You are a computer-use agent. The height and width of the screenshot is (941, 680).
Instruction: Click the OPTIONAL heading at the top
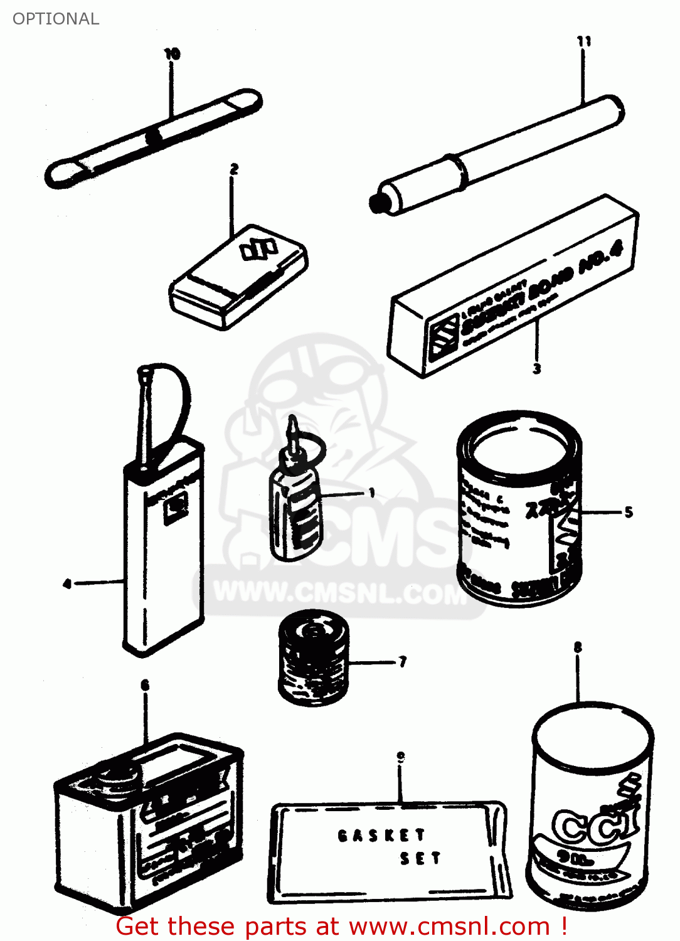pos(56,19)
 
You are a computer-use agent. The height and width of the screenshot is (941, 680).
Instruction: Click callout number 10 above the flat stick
pos(172,54)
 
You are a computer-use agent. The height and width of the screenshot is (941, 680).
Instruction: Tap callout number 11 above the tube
pos(583,41)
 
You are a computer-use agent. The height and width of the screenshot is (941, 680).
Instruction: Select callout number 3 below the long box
pos(536,368)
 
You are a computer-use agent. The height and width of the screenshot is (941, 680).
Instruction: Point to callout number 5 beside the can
pos(629,513)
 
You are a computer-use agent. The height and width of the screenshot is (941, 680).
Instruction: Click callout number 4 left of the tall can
pos(67,584)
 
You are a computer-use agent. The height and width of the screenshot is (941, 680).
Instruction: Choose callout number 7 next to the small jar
pos(402,662)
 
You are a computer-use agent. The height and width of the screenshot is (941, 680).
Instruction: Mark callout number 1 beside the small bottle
pos(371,493)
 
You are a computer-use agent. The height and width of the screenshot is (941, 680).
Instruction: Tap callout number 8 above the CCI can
pos(577,647)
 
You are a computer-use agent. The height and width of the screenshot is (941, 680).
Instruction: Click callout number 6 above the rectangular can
pos(145,685)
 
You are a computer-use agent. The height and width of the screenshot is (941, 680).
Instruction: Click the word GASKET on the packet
pos(381,836)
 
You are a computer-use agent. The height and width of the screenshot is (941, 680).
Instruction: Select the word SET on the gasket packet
pos(420,858)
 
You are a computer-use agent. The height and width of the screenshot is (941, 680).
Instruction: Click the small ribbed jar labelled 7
pos(312,659)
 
